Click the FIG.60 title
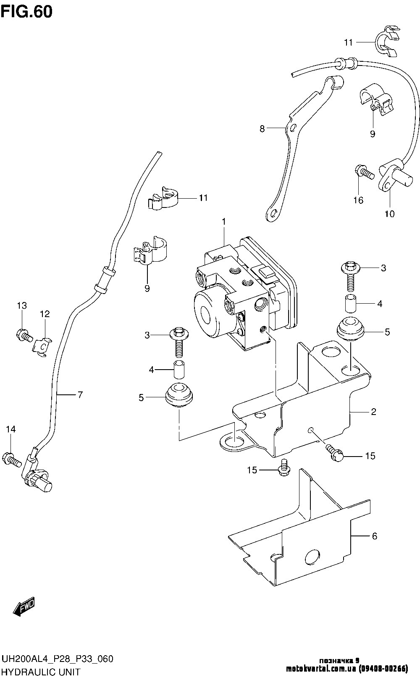26,12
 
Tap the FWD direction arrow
24,606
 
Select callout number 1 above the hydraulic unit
224,221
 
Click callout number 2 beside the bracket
373,412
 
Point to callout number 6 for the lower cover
374,536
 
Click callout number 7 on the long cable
80,394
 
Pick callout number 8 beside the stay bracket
262,129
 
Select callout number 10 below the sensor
389,214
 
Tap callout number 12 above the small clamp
45,314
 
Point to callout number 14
10,429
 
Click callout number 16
358,200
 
